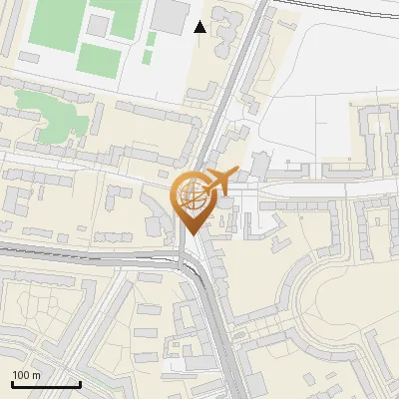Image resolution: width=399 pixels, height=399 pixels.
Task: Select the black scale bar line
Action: (46, 385)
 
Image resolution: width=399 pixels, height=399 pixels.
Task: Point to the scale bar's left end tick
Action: (12, 382)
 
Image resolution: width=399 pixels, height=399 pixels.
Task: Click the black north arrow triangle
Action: (200, 27)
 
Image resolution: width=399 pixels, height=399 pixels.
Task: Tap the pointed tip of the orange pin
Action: (192, 233)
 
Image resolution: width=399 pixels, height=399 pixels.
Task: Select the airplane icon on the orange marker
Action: (218, 184)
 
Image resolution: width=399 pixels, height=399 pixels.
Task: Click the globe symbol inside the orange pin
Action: (191, 195)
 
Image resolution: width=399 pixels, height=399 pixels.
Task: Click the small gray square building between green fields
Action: (100, 22)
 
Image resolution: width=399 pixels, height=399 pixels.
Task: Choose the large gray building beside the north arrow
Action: (171, 14)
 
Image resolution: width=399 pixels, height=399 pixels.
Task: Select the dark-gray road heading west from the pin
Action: (80, 250)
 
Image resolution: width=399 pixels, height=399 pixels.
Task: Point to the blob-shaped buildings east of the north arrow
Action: (225, 25)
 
